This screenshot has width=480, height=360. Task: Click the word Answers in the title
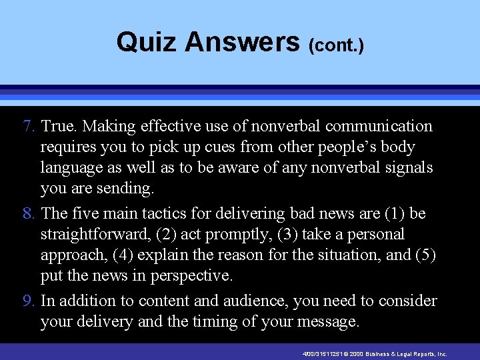point(242,42)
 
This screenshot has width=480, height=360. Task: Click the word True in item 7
point(57,126)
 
